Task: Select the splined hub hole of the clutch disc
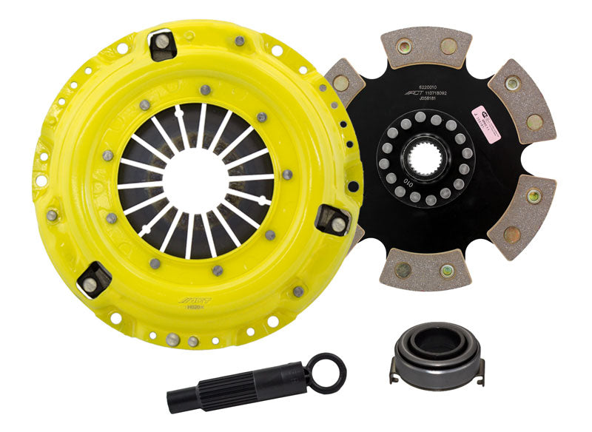point(423,161)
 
